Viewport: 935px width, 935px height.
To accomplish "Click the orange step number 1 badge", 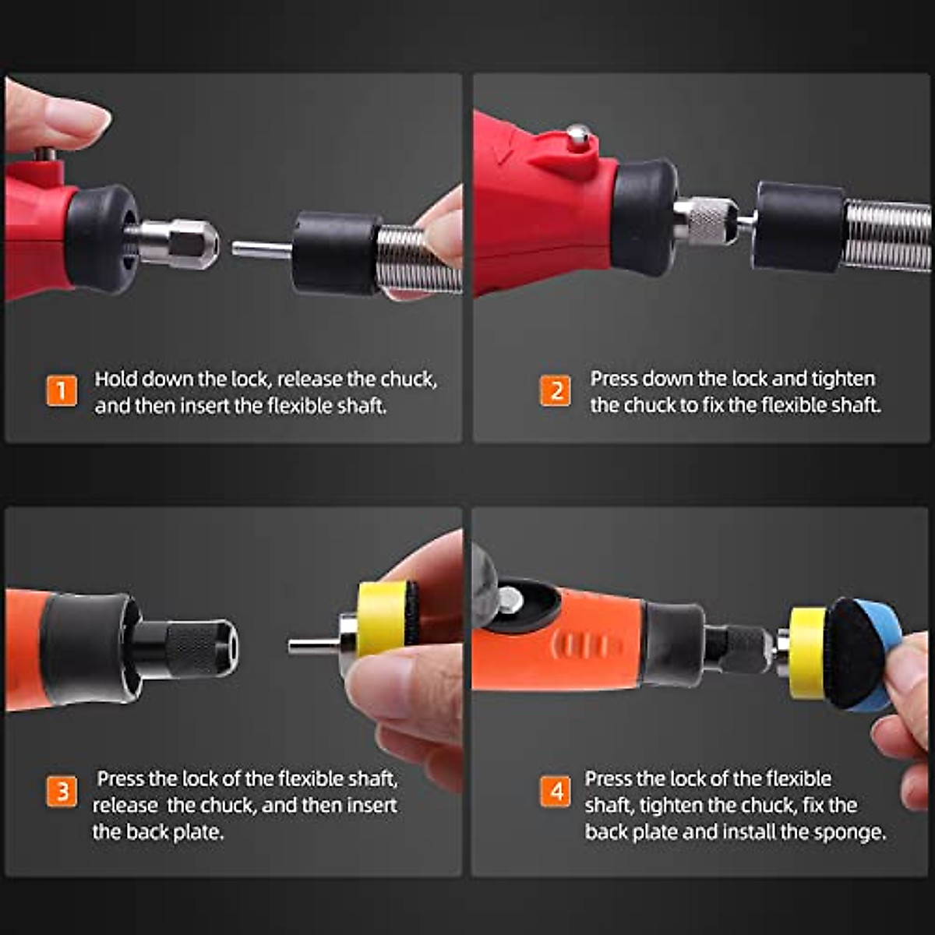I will click(x=62, y=390).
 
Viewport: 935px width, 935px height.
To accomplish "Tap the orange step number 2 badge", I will click(x=555, y=390).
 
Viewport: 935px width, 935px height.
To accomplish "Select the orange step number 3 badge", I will click(x=62, y=792).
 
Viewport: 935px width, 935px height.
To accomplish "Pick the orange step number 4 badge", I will click(x=556, y=792).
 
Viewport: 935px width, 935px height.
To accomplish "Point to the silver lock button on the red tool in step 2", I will click(x=577, y=137).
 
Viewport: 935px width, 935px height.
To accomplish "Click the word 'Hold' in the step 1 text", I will click(x=115, y=379).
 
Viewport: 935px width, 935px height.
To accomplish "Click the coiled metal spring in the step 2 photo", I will click(x=888, y=234).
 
